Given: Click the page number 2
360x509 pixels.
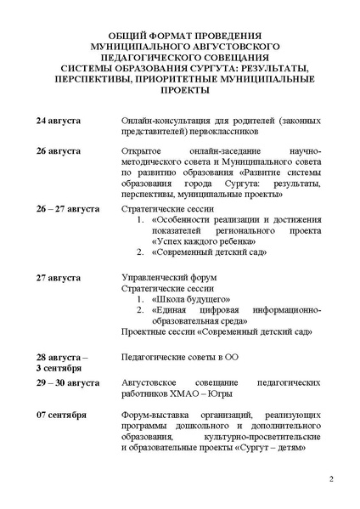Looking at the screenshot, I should pyautogui.click(x=331, y=480).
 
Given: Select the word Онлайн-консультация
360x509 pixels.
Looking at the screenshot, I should pyautogui.click(x=162, y=122).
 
